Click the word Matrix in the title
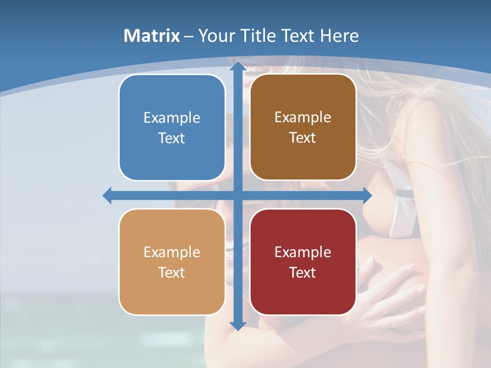[152, 36]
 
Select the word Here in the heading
[340, 36]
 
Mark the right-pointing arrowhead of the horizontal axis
[367, 196]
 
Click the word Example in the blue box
[172, 118]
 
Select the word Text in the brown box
[303, 138]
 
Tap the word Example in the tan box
[172, 252]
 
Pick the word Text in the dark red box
[303, 272]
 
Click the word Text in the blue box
[172, 139]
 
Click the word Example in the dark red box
[303, 252]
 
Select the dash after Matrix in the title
[189, 36]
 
